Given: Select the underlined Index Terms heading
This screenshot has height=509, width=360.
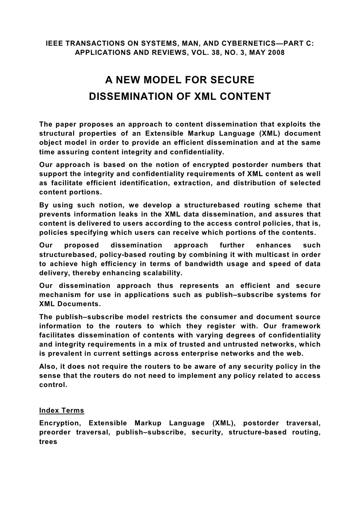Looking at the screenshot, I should click(x=62, y=410).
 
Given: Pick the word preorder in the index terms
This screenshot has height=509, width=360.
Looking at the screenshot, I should click(x=54, y=432).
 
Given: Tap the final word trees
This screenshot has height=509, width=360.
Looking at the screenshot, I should click(x=48, y=442).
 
